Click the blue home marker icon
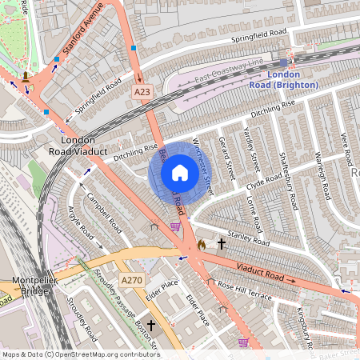coord(180,173)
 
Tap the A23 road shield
coord(142,93)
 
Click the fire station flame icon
coord(201,243)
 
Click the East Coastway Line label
coord(228,69)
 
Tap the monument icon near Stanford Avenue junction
coord(26,78)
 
